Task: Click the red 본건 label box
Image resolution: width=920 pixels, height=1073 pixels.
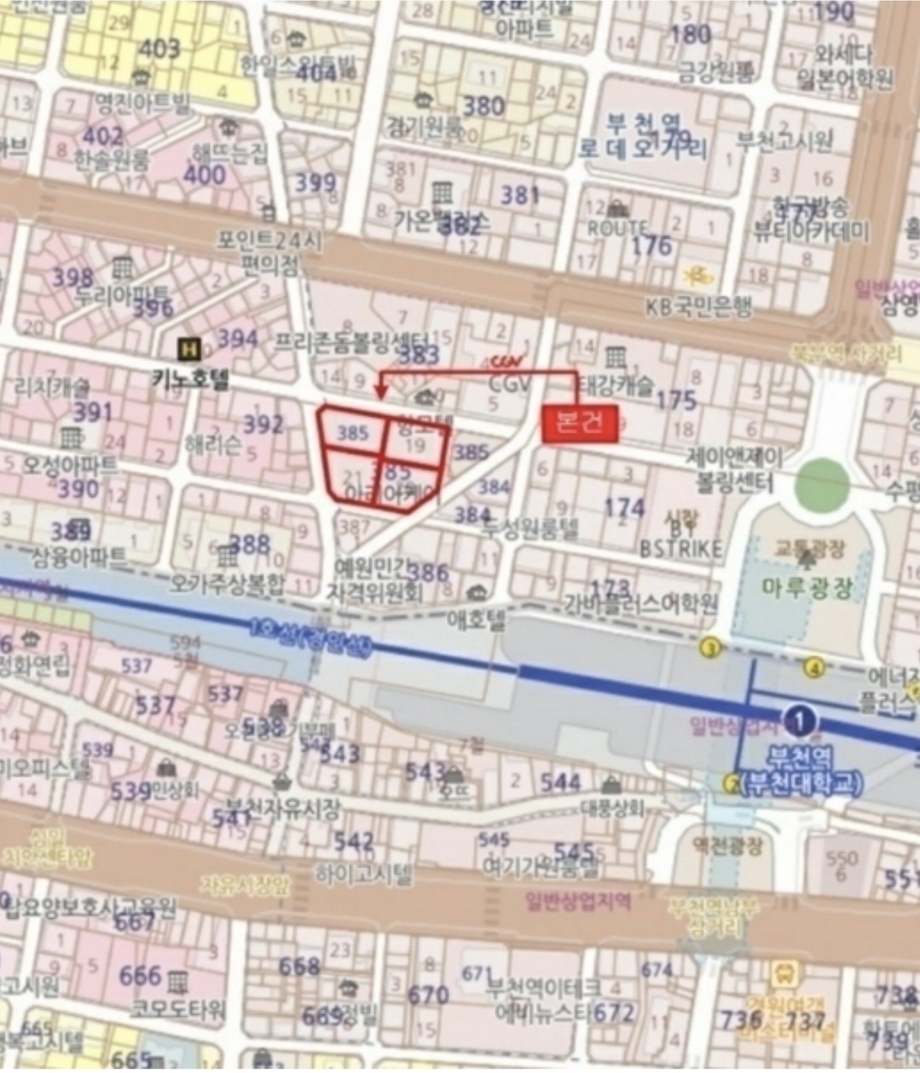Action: [x=580, y=423]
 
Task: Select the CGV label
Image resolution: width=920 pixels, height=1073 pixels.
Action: [x=511, y=384]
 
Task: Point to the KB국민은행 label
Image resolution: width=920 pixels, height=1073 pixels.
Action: [x=699, y=307]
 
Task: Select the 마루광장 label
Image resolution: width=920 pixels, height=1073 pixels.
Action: [x=807, y=588]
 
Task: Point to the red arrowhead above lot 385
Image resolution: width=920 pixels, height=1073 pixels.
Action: [x=380, y=394]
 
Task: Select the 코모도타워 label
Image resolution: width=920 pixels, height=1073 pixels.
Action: [x=178, y=1009]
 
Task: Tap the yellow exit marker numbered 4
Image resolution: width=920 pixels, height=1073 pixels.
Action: [x=814, y=668]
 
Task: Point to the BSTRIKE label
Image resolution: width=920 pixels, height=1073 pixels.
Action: [x=680, y=547]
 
